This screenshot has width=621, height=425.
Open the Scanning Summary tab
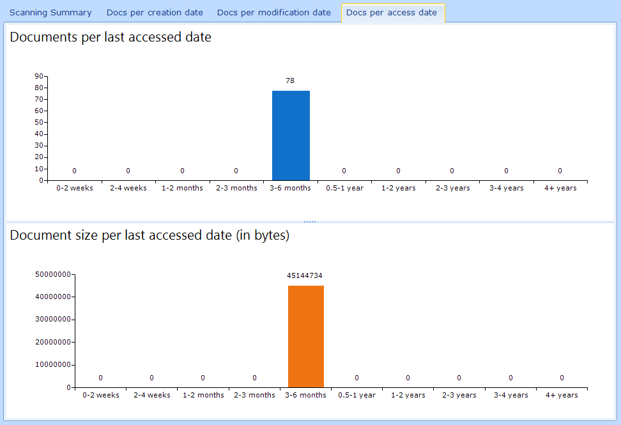tap(50, 13)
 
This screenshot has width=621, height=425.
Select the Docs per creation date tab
tap(155, 13)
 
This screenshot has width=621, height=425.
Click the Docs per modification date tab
tap(273, 13)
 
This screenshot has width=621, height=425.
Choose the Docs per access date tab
tap(391, 13)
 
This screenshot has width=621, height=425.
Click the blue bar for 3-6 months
tap(291, 135)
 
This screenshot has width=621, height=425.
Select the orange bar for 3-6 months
tap(306, 336)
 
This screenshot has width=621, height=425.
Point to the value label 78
tap(290, 81)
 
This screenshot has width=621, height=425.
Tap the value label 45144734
tap(305, 275)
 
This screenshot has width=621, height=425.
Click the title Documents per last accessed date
tap(111, 37)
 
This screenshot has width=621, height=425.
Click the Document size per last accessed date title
tap(149, 235)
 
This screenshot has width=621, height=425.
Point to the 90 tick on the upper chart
tap(39, 76)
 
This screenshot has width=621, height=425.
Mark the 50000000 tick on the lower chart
tap(52, 274)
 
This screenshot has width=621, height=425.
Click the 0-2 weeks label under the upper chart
tap(75, 188)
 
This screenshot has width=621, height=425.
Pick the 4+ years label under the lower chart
tap(562, 395)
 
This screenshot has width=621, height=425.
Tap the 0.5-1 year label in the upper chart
tap(344, 188)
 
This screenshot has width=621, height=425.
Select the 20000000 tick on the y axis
tap(52, 342)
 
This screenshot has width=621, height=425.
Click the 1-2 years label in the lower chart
tap(408, 395)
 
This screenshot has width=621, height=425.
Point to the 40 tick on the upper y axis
tap(39, 134)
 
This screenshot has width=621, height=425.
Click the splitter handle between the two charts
tap(310, 221)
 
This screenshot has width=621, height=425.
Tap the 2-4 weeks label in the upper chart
tap(128, 188)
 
